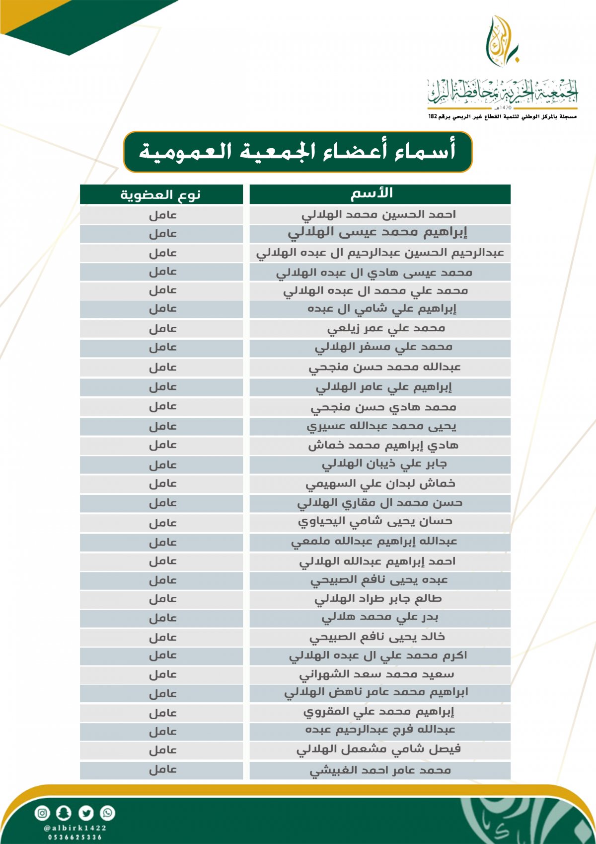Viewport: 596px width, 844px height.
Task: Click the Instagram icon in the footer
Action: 42,813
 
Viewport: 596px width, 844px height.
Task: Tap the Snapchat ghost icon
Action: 64,813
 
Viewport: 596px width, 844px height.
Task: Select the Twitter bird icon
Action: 86,813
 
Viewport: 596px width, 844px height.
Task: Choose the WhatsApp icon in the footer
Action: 107,813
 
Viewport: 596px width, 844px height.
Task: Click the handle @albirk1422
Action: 75,828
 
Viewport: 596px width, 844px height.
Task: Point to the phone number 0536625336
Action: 75,837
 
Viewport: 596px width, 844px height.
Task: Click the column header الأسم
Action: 379,194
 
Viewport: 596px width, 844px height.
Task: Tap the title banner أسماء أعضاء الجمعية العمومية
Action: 298,152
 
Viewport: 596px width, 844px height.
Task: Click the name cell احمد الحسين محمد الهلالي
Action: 379,215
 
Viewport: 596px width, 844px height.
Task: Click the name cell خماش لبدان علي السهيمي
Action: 380,484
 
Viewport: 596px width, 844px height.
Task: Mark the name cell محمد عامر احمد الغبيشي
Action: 380,770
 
